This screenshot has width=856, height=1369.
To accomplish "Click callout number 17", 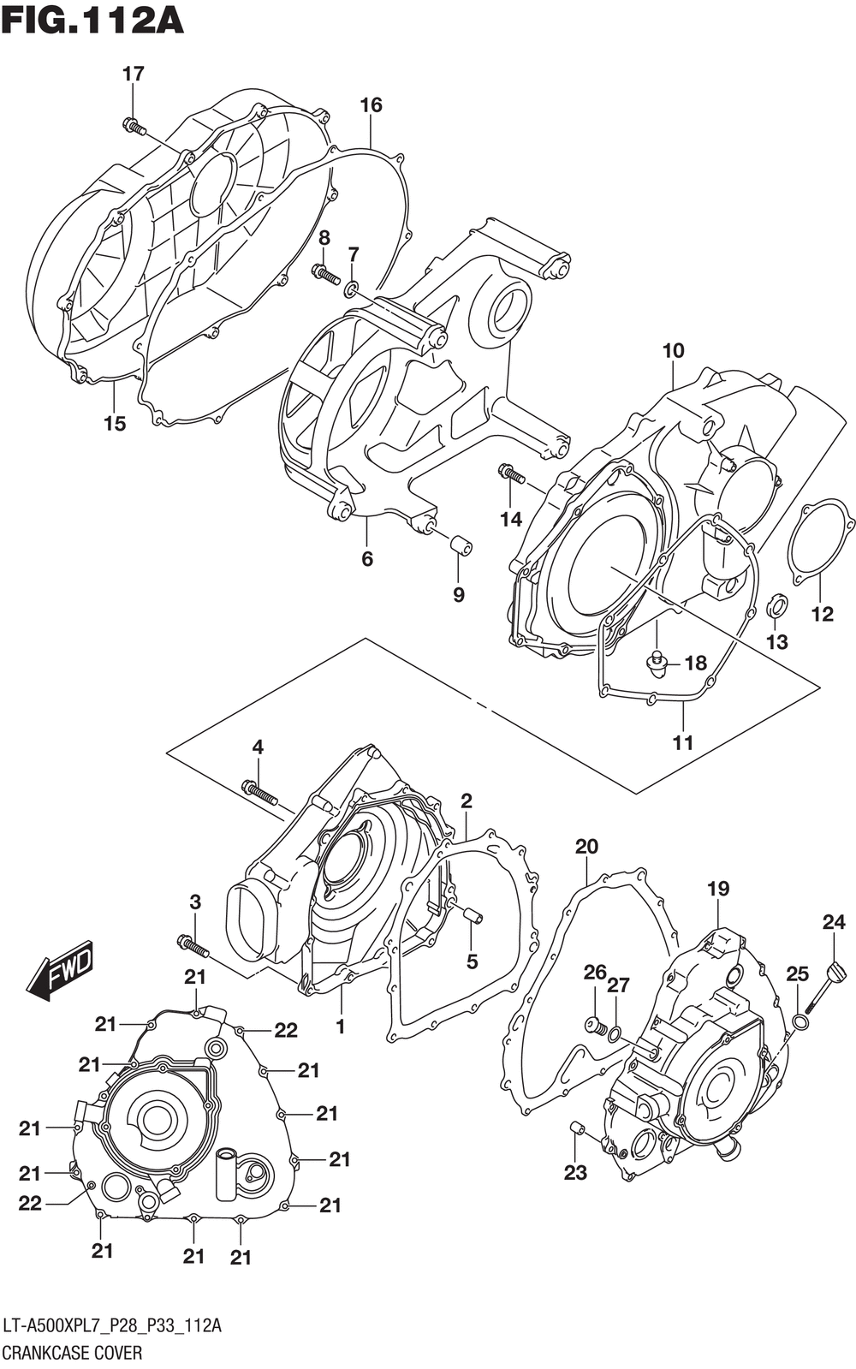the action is [134, 74].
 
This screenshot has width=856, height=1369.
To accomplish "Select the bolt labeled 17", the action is [134, 126].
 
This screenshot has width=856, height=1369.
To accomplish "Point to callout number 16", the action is [371, 105].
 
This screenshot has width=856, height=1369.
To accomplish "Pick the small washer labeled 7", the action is [351, 289].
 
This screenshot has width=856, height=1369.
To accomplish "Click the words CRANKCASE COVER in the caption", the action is [73, 1352].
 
